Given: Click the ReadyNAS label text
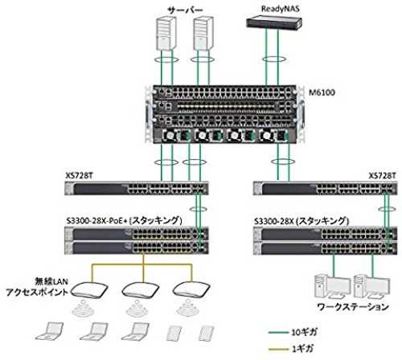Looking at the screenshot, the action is (x=281, y=9).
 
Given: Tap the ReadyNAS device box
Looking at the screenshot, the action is (x=274, y=22).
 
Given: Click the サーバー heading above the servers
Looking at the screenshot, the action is (x=185, y=10).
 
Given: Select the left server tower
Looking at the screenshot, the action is (x=166, y=33).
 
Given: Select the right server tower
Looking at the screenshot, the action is (x=203, y=33).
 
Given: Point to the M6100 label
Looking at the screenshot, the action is (x=322, y=92).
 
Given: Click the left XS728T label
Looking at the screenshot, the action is (x=80, y=176).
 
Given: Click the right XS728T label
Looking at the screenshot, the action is (x=382, y=176).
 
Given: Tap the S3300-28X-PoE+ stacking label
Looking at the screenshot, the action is (x=125, y=221).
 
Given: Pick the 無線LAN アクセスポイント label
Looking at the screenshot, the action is (x=37, y=287).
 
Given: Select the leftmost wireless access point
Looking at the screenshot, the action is (x=90, y=291).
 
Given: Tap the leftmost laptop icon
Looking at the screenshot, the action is (x=50, y=331).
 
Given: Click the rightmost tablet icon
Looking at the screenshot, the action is (x=207, y=333).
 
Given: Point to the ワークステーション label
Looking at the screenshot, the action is (x=353, y=307).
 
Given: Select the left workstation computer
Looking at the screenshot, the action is (x=333, y=286).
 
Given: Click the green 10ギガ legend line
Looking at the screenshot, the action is (x=279, y=333).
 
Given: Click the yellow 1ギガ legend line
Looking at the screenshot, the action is (x=279, y=349).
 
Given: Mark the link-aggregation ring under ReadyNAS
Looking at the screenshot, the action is (x=273, y=59).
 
